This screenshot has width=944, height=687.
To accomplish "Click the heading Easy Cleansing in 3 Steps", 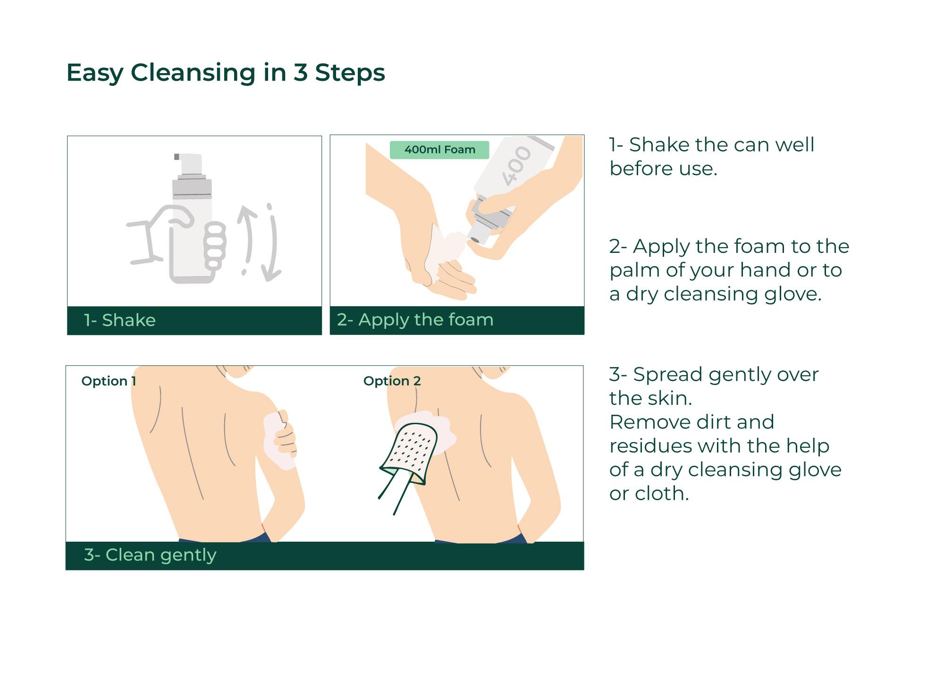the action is (226, 73).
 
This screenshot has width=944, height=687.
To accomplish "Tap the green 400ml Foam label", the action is (439, 150).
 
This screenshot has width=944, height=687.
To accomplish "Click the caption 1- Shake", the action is (120, 320).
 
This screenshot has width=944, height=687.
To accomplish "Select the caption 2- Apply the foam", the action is (415, 319).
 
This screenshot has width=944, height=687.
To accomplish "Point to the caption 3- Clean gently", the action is (150, 555).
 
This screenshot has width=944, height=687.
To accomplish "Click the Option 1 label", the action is (109, 381).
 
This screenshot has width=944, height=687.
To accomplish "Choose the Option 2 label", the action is (392, 381).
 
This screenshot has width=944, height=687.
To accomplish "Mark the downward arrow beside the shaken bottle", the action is (272, 243).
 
